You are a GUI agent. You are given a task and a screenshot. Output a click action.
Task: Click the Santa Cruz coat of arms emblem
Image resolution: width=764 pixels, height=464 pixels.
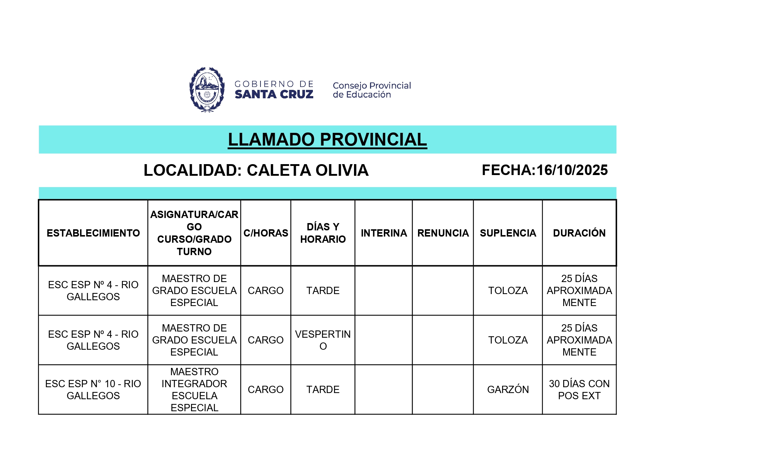pyautogui.click(x=207, y=90)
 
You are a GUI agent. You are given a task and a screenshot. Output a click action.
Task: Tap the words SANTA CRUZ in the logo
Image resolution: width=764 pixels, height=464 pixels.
pyautogui.click(x=274, y=95)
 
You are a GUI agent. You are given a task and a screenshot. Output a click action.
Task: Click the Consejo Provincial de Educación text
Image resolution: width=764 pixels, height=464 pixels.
pyautogui.click(x=371, y=90)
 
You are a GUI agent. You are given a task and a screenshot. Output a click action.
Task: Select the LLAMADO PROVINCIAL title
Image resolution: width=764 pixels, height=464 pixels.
pyautogui.click(x=327, y=140)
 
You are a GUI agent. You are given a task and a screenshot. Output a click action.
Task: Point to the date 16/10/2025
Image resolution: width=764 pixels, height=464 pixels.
pyautogui.click(x=572, y=170)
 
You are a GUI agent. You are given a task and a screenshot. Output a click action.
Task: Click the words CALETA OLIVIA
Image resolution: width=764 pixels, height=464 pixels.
pyautogui.click(x=307, y=170)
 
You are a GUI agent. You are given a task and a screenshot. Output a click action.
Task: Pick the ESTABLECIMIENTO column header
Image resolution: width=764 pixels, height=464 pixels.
pyautogui.click(x=93, y=233)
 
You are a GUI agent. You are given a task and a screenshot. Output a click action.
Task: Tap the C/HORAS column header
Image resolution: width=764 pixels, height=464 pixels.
pyautogui.click(x=266, y=233)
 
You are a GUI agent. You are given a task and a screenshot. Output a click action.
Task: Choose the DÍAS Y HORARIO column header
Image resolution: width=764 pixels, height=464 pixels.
pyautogui.click(x=323, y=233)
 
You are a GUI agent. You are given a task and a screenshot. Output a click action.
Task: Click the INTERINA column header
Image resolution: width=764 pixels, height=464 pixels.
pyautogui.click(x=384, y=233)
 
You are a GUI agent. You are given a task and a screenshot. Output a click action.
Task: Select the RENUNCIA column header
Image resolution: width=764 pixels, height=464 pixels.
pyautogui.click(x=443, y=233)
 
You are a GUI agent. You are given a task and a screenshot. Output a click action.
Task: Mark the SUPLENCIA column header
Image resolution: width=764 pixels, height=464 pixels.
pyautogui.click(x=508, y=233)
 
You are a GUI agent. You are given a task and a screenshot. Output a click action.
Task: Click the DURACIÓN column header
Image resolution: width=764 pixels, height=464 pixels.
pyautogui.click(x=579, y=233)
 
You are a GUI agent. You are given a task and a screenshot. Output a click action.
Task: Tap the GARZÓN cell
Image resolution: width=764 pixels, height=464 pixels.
pyautogui.click(x=508, y=389)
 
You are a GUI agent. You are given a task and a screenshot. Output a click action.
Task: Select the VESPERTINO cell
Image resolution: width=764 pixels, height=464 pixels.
pyautogui.click(x=323, y=340)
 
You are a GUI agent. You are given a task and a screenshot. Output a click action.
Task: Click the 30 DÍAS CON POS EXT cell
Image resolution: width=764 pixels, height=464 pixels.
pyautogui.click(x=579, y=389)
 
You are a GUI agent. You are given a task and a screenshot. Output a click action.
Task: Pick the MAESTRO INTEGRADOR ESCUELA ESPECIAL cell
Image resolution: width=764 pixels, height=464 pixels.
pyautogui.click(x=194, y=389)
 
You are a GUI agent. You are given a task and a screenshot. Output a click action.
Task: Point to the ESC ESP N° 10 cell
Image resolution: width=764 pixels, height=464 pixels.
pyautogui.click(x=93, y=389)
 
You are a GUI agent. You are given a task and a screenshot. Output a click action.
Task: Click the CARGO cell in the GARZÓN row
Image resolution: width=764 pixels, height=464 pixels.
pyautogui.click(x=266, y=389)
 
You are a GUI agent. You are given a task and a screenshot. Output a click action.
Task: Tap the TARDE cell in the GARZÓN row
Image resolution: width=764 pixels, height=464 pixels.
pyautogui.click(x=323, y=389)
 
